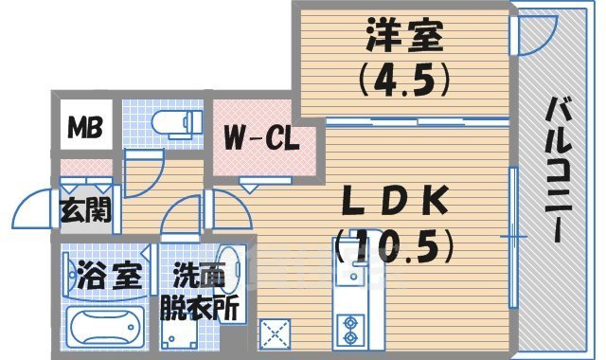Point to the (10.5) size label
point(395,249)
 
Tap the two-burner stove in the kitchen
point(350,327)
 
